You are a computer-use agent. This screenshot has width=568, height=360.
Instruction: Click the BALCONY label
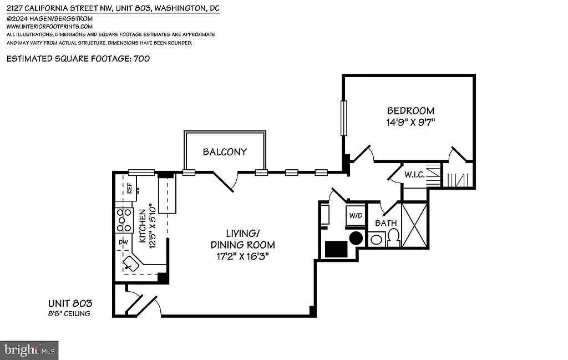pos(225,152)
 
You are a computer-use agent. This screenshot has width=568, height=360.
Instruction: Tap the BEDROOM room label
pos(410,111)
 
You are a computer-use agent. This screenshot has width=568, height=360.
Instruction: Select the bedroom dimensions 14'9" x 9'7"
pos(410,122)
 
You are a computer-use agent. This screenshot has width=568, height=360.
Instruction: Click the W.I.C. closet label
pos(414,175)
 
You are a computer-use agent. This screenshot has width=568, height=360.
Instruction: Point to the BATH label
pos(386,224)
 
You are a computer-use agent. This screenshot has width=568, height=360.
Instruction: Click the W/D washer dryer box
pos(355,215)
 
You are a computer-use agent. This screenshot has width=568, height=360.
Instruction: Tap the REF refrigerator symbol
pos(129,187)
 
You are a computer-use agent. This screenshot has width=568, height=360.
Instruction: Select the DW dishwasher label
pos(124,242)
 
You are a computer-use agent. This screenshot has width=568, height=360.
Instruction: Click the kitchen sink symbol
pos(131,263)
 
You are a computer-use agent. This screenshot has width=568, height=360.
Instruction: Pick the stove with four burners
pos(124,221)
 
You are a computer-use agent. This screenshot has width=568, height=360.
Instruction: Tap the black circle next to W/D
pos(356,239)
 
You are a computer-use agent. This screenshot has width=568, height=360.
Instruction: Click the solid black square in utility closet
pos(336,249)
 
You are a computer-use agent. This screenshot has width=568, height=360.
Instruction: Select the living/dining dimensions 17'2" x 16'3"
pos(242,255)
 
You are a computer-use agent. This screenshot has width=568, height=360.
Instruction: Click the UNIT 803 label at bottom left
pos(69,303)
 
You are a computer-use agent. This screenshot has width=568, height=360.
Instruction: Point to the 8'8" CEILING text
pos(69,314)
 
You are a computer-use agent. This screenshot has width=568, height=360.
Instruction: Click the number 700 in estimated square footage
pos(141,58)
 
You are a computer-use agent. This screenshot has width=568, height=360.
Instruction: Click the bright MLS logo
pos(30,350)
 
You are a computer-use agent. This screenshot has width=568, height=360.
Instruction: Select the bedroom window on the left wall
pos(344,118)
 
